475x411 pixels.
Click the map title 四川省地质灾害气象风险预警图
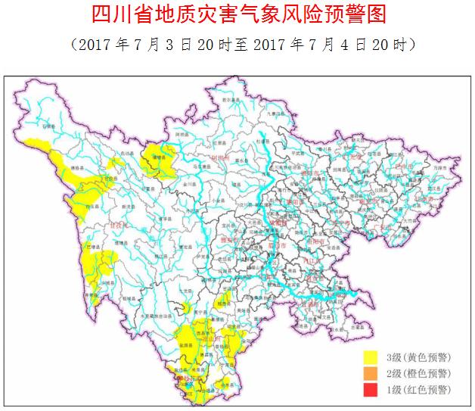(x=238, y=14)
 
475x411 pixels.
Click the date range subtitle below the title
(x=238, y=44)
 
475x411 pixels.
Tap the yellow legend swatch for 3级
(x=371, y=357)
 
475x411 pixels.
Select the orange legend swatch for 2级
(x=371, y=373)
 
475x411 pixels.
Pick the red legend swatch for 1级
(x=371, y=390)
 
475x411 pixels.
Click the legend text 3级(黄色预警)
(x=418, y=357)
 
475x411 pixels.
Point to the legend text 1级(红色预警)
(x=418, y=390)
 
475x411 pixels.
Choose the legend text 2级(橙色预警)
(x=418, y=373)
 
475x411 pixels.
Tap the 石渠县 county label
(x=49, y=128)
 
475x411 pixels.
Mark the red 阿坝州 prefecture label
(x=220, y=158)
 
